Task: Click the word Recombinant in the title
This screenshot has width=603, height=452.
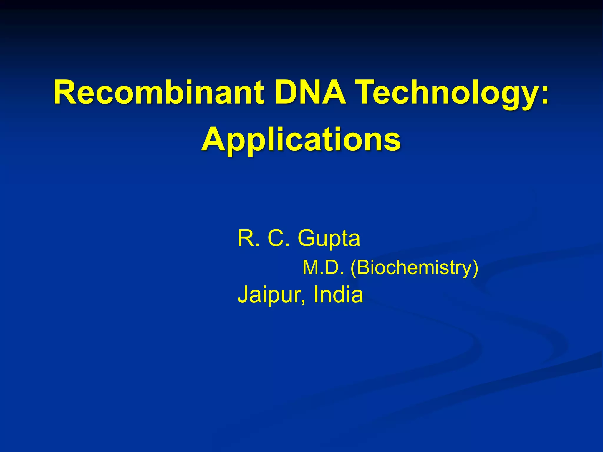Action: tap(158, 92)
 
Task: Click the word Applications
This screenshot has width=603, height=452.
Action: tap(301, 139)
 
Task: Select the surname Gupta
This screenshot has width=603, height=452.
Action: tap(329, 238)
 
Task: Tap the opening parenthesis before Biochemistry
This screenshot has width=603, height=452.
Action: tap(353, 268)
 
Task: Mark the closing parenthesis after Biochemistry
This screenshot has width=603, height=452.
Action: tap(475, 268)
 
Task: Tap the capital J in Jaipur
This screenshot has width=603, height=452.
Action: tap(243, 294)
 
